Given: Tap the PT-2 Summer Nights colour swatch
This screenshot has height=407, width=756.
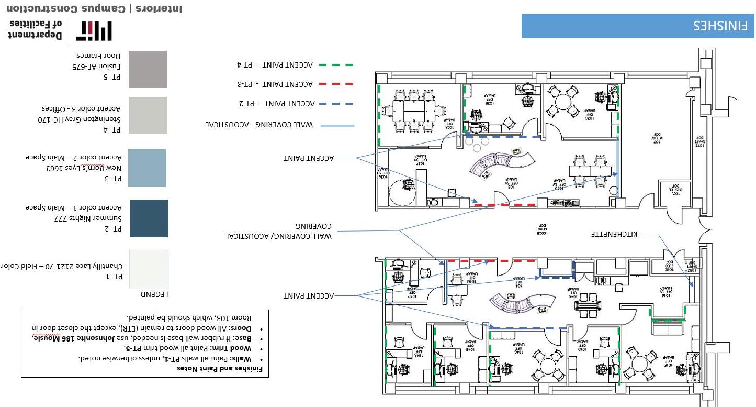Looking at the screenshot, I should [x=149, y=218].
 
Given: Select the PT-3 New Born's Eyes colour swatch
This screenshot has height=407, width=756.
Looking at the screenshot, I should [x=147, y=168].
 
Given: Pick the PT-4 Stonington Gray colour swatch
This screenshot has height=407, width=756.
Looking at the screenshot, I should [x=148, y=116].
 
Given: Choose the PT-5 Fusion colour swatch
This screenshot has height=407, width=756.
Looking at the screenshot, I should [x=148, y=69].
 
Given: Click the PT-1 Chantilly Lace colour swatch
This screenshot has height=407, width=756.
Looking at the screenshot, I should [x=149, y=269].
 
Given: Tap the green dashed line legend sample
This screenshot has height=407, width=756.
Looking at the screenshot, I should [x=335, y=65].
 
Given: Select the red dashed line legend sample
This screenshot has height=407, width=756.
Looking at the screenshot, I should [x=335, y=84].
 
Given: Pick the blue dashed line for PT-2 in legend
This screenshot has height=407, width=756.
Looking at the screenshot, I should [x=335, y=104].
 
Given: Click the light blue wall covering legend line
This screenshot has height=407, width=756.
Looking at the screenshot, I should [x=337, y=126].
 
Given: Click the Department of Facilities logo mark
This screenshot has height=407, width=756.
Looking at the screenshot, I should [x=94, y=31].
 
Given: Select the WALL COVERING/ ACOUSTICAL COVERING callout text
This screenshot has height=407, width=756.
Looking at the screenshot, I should [x=278, y=231].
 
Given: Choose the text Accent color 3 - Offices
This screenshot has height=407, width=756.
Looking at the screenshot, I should [x=81, y=108].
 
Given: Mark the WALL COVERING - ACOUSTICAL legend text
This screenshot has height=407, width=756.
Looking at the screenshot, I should [x=259, y=125].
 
